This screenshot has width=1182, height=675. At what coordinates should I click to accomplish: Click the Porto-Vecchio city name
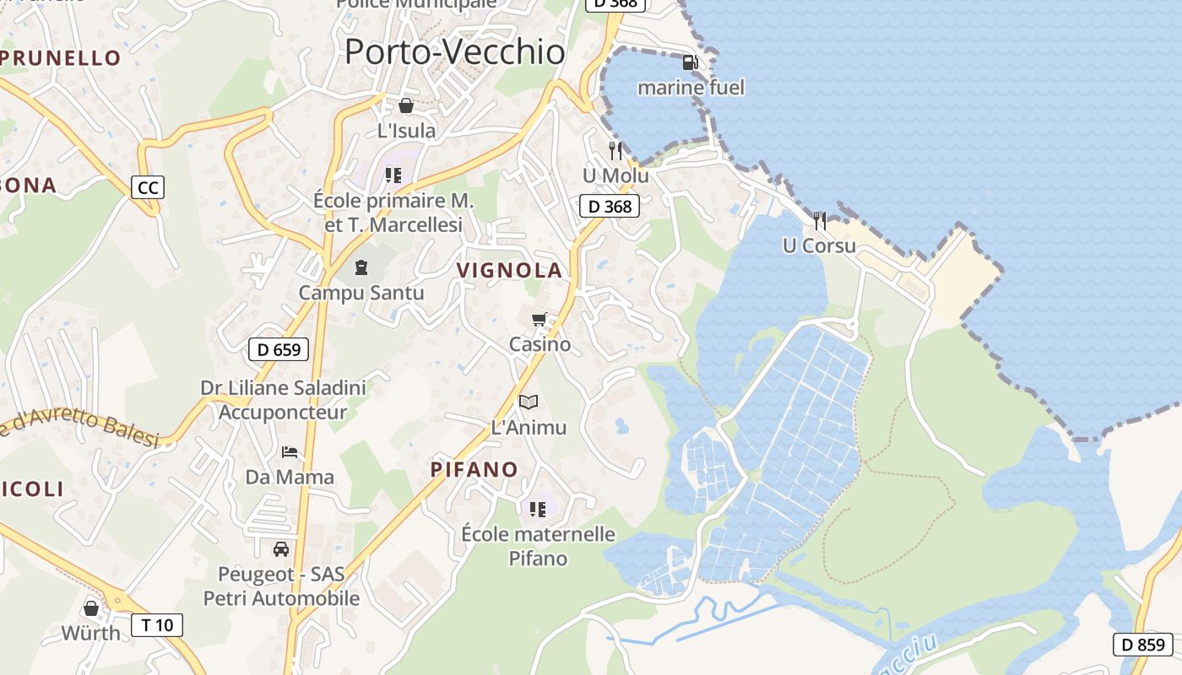454,52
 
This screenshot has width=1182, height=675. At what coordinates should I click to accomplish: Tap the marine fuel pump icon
690,62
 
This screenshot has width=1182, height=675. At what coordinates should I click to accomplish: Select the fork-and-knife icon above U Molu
615,151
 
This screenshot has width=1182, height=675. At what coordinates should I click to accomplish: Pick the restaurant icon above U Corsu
820,221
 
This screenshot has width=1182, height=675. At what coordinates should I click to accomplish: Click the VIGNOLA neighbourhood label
509,270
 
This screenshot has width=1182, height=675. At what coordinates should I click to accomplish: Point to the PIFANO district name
474,470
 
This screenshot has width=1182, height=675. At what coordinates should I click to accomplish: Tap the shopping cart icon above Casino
539,320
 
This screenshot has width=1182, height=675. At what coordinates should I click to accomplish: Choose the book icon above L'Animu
529,402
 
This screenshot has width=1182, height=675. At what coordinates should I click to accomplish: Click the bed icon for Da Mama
290,452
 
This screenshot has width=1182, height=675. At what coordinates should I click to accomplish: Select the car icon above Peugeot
281,549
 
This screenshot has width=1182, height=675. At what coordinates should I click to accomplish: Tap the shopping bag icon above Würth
91,608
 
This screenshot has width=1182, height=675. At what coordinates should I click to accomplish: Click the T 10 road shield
157,625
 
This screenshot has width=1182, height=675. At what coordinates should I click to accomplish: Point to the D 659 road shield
279,349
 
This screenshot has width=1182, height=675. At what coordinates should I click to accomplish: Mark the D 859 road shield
1143,645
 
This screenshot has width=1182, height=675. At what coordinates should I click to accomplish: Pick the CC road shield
148,187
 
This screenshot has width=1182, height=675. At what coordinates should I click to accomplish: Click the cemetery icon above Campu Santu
361,268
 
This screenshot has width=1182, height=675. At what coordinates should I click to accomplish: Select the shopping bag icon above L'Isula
406,105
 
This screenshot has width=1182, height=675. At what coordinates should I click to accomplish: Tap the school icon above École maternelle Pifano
538,509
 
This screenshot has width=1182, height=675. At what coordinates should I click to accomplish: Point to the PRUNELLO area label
61,58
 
